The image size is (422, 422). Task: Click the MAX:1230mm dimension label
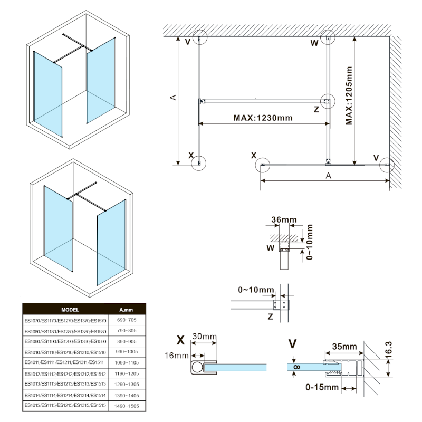click(x=262, y=118)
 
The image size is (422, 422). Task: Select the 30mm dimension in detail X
click(x=203, y=337)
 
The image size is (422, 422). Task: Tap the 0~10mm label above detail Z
click(x=256, y=290)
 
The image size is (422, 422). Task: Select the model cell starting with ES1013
click(x=65, y=383)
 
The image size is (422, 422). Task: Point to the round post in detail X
click(x=198, y=367)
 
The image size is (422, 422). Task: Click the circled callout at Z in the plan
click(x=327, y=100)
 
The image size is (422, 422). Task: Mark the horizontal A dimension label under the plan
click(x=328, y=176)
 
